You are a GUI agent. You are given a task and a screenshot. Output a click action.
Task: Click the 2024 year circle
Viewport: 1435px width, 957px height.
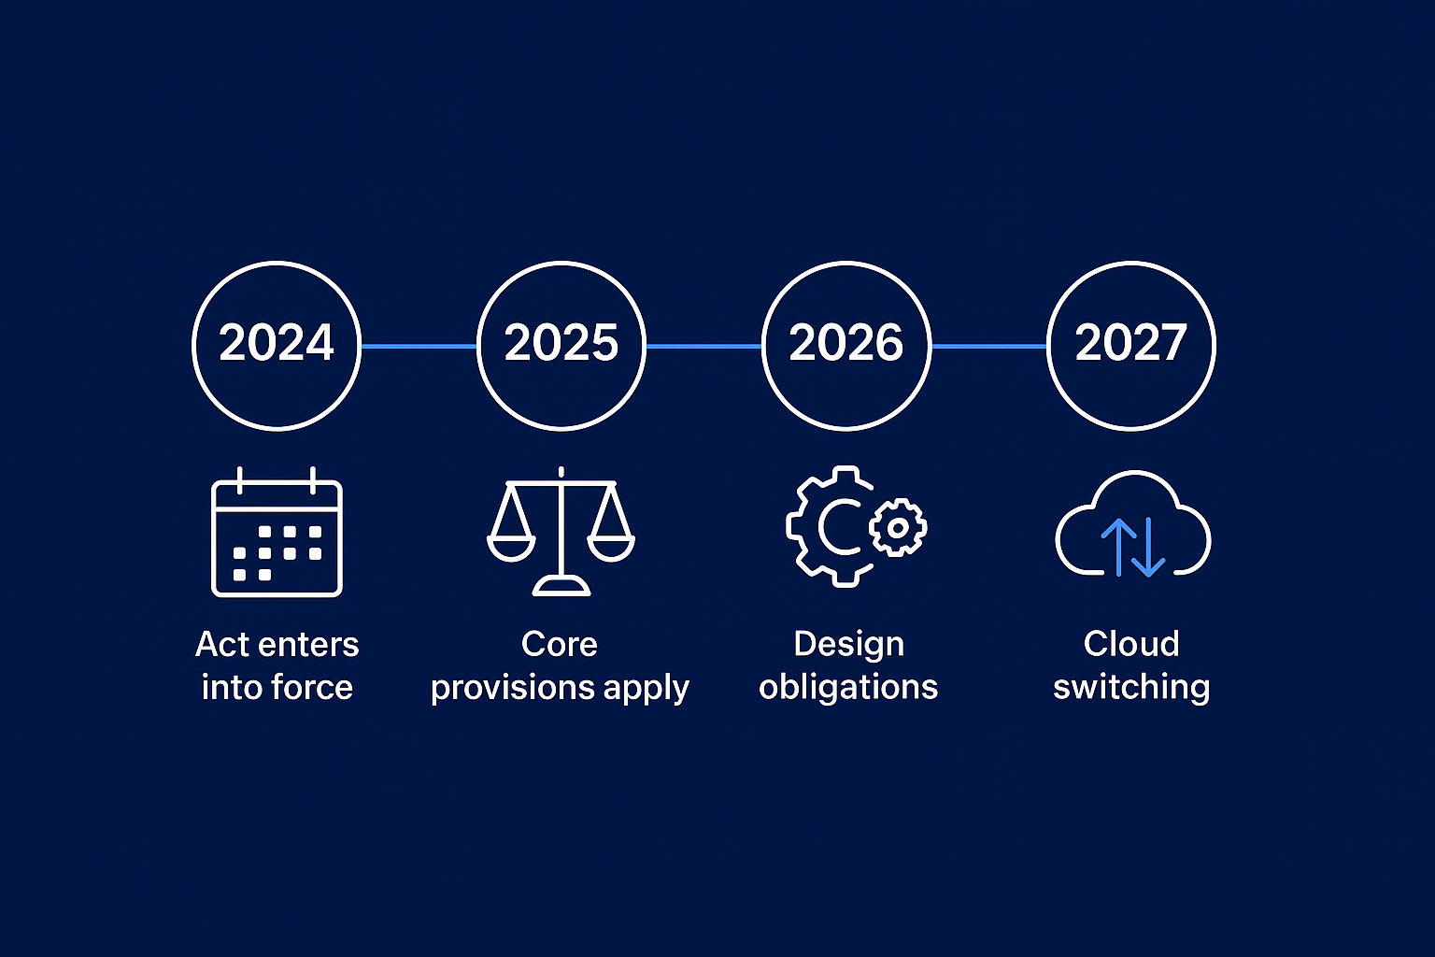[x=277, y=345]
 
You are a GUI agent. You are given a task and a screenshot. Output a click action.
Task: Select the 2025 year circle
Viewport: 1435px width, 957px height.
[x=561, y=345]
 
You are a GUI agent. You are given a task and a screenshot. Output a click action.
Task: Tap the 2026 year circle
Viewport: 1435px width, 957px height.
[x=846, y=345]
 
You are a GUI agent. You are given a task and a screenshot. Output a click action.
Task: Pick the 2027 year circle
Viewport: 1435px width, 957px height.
[x=1131, y=345]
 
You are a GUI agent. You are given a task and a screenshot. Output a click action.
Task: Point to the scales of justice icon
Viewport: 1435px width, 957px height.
[x=561, y=533]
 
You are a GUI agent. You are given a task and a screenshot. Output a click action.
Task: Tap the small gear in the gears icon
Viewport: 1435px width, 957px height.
[x=898, y=528]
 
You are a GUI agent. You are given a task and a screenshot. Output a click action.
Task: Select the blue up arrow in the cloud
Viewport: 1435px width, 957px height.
[x=1118, y=546]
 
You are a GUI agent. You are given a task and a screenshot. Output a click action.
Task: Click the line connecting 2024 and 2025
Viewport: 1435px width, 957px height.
[x=419, y=346]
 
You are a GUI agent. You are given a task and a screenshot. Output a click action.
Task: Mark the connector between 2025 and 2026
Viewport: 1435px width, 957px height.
[x=703, y=346]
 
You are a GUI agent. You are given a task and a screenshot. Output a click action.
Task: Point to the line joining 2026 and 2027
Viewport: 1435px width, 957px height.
[x=988, y=346]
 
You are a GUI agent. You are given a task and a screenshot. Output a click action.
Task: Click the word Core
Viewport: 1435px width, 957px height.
[x=559, y=644]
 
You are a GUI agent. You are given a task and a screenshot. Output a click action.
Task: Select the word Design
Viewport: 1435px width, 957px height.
[x=848, y=644]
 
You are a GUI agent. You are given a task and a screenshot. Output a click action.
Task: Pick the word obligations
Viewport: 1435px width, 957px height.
[x=848, y=687]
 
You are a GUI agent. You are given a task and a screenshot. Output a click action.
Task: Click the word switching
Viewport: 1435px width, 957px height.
[x=1131, y=688]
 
